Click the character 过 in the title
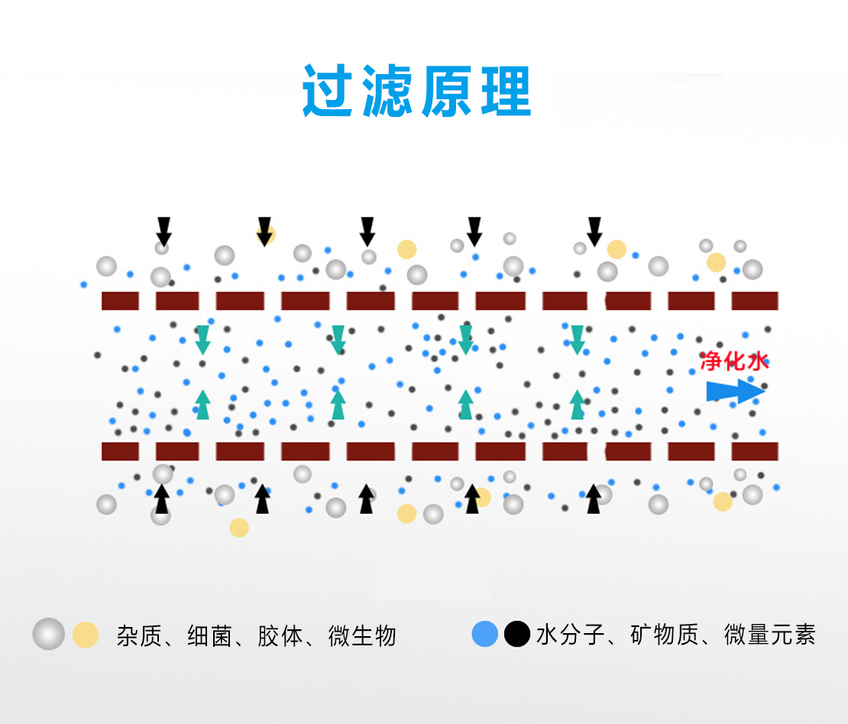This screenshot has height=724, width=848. (328, 90)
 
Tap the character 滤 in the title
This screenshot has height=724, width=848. (388, 90)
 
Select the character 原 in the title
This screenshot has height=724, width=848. (447, 91)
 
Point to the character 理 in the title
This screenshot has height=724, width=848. (507, 91)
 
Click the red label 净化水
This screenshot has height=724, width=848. (734, 360)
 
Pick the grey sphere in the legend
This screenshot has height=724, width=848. (49, 634)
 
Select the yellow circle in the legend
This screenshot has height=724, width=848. (86, 635)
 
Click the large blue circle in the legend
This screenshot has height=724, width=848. (484, 634)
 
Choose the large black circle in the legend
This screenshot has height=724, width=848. (517, 634)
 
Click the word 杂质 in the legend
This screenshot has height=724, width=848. (140, 636)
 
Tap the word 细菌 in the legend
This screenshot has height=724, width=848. (210, 636)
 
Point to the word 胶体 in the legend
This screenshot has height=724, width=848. (280, 636)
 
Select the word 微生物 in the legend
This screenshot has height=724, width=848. (362, 636)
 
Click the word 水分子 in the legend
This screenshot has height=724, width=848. (570, 635)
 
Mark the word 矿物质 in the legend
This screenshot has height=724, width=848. (664, 635)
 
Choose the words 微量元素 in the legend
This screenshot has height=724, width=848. (770, 635)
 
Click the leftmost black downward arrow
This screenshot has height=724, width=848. (163, 232)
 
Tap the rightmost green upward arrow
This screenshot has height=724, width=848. (578, 405)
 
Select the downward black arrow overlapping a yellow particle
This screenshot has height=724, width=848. (264, 232)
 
